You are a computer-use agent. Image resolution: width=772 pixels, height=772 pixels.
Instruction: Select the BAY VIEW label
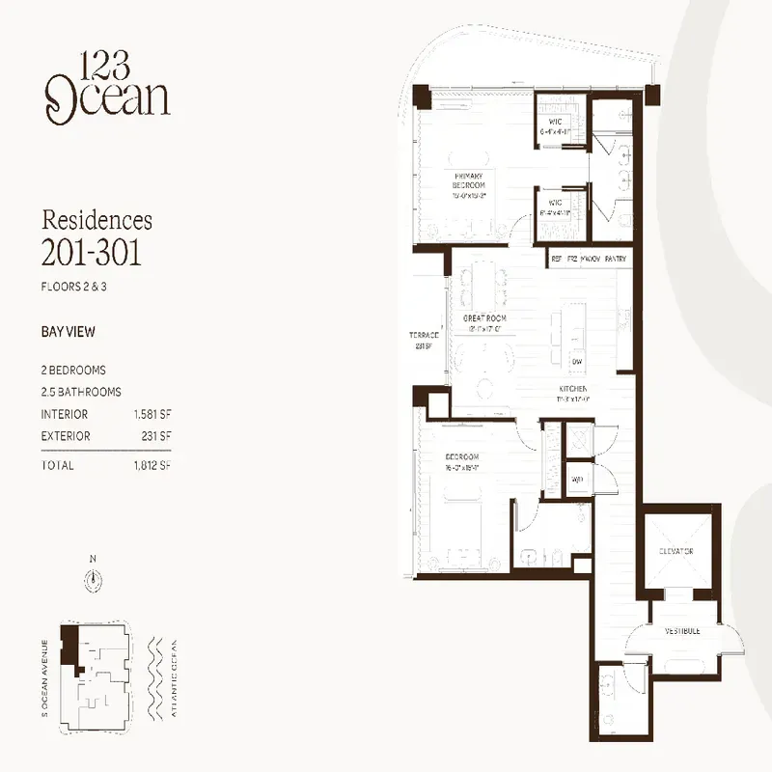(x=68, y=331)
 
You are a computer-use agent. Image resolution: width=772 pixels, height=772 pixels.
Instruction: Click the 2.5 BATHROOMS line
(x=81, y=392)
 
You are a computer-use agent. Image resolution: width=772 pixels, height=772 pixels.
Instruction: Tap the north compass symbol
(x=93, y=579)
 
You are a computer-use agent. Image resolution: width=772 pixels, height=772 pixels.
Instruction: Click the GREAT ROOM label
(x=484, y=317)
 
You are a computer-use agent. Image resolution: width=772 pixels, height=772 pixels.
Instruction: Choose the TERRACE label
(x=424, y=336)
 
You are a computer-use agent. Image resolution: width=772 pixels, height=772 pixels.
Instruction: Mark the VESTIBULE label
(x=681, y=631)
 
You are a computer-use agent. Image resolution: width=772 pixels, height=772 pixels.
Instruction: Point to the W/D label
(x=576, y=479)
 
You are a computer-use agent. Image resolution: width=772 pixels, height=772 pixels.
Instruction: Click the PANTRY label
(x=617, y=259)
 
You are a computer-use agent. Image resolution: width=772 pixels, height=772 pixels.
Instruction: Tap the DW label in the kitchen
(x=576, y=361)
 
